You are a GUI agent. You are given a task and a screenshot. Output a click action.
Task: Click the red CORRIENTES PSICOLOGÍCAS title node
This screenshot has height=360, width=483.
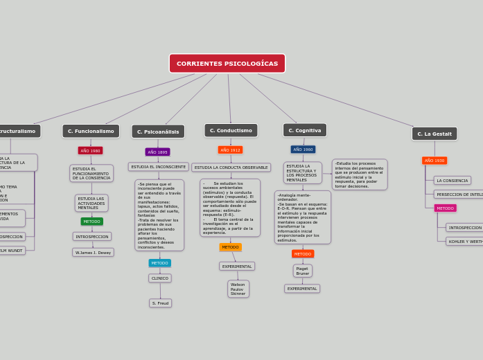point(227,64)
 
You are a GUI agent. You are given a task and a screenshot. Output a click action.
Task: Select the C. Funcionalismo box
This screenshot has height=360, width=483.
point(91,131)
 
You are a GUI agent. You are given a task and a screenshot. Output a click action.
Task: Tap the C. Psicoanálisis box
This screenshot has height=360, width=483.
point(158,132)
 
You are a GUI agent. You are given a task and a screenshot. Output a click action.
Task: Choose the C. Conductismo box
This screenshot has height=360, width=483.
point(231,130)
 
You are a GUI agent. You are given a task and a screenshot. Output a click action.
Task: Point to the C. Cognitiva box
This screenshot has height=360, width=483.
point(304,130)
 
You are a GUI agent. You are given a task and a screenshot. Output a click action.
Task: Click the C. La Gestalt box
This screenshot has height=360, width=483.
point(434,134)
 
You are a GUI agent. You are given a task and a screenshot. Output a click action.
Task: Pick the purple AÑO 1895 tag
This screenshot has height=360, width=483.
point(157,152)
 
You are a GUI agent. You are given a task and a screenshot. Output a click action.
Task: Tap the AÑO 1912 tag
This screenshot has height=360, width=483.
point(230,150)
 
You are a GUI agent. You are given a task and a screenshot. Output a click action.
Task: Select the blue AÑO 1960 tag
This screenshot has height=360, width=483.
point(303,149)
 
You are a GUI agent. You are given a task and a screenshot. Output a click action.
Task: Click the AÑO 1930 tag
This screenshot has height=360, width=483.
point(434,160)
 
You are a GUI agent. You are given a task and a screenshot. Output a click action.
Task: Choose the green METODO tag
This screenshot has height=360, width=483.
point(91,222)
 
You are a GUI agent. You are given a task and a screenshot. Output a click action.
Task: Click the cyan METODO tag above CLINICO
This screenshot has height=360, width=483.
point(159,263)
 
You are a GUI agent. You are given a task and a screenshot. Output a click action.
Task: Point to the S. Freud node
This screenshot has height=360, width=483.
point(160,303)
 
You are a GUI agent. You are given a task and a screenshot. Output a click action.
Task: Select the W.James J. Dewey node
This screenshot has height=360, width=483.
point(93,253)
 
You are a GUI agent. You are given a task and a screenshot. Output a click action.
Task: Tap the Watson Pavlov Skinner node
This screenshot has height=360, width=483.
point(238,289)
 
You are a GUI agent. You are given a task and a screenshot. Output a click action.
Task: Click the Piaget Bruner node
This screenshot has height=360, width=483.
point(302,271)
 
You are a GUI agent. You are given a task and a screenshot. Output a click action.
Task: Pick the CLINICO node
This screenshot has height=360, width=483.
point(159,278)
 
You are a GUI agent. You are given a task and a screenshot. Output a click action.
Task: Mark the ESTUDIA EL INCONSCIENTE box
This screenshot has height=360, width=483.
point(158,167)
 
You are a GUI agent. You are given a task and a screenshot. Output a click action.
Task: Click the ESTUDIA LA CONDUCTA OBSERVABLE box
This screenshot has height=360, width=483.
point(231,168)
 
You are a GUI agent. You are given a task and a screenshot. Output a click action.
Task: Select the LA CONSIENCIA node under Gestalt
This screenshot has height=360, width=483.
point(452,181)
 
